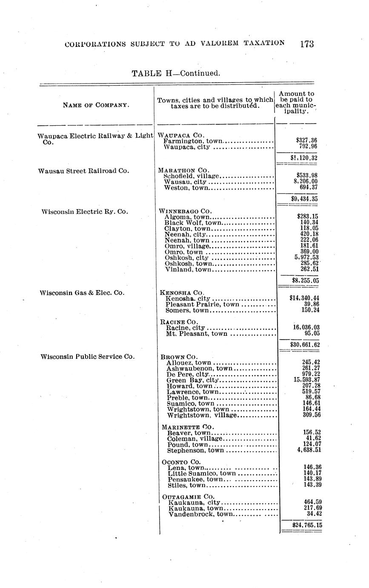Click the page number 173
(306, 43)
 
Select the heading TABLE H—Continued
(176, 73)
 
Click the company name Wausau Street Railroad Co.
(83, 171)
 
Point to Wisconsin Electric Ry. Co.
(85, 211)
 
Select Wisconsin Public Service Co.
(88, 357)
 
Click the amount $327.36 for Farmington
(306, 140)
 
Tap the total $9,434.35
(304, 199)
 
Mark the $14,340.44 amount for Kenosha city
(304, 298)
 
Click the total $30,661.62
(305, 345)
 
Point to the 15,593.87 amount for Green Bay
(307, 380)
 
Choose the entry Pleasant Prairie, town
(202, 304)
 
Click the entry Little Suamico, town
(202, 473)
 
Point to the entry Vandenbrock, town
(201, 514)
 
